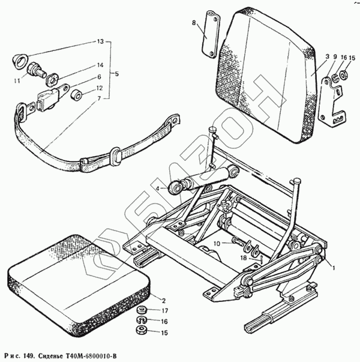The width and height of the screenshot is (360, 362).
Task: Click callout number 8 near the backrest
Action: pyautogui.click(x=194, y=23)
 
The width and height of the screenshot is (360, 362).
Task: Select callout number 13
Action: pyautogui.click(x=100, y=42)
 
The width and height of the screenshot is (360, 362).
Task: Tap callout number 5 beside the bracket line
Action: pyautogui.click(x=116, y=74)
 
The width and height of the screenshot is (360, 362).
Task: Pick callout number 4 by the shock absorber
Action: pyautogui.click(x=158, y=189)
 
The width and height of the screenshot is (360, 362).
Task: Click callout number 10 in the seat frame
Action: pyautogui.click(x=217, y=243)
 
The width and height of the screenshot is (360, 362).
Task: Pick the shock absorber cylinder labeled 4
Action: pyautogui.click(x=201, y=180)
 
